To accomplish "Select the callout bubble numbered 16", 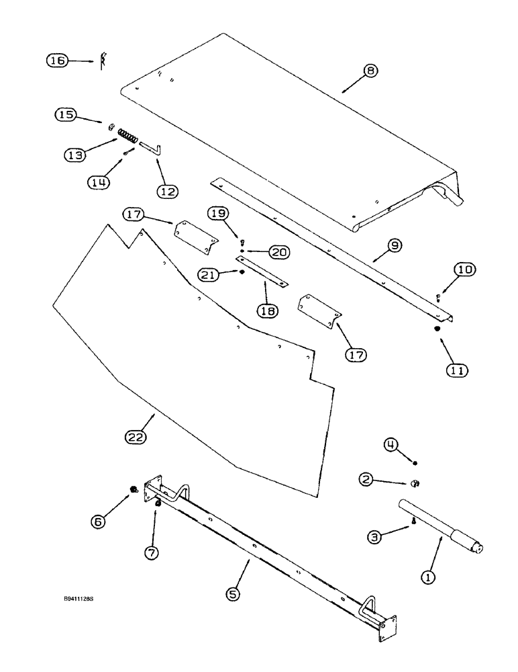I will pyautogui.click(x=57, y=60).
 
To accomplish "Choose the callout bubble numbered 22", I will pyautogui.click(x=137, y=438).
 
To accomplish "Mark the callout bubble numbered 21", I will pyautogui.click(x=209, y=274).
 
